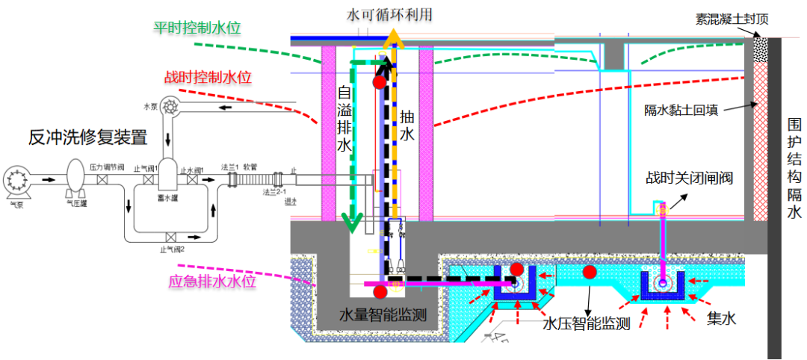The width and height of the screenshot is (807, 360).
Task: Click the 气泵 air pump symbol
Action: point(17,179)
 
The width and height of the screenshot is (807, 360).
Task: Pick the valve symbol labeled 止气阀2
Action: point(171,238)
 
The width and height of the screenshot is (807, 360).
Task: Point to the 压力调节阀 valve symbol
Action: point(106,181)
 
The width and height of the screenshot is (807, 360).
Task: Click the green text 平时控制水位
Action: point(190,28)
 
